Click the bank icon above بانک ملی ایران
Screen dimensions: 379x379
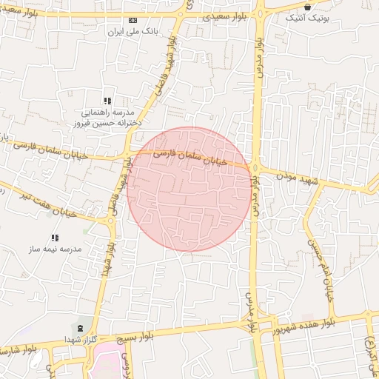point(133,21)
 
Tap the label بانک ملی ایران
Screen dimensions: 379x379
point(124,32)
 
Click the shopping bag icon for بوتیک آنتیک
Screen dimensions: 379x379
point(307,7)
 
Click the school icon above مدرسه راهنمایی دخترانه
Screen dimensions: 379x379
point(107,101)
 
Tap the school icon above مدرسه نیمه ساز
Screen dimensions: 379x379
point(54,238)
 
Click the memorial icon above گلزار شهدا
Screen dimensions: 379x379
point(80,326)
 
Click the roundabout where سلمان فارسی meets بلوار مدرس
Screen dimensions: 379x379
point(255,168)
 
